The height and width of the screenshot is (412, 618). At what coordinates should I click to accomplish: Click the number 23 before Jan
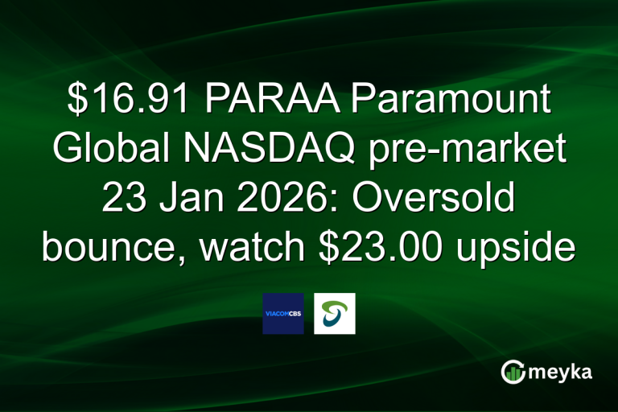(124, 200)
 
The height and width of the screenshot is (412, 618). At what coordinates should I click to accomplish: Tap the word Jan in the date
(183, 200)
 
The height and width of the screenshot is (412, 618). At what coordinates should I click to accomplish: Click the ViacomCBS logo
(283, 314)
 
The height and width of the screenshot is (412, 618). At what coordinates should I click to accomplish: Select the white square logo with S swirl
(335, 314)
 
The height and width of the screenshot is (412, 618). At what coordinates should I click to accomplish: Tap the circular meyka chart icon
(513, 371)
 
